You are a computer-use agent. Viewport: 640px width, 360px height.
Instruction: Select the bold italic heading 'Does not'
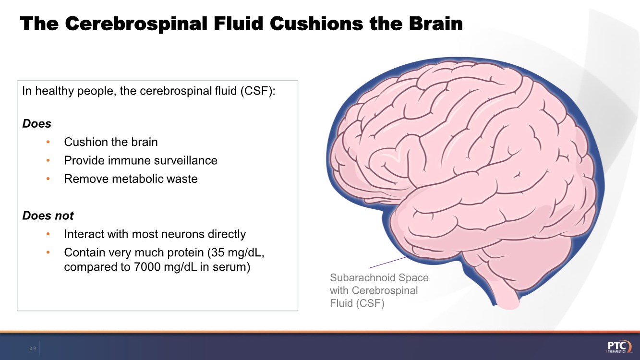[x=48, y=216]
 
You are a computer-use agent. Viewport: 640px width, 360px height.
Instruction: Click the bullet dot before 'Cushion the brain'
[x=48, y=142]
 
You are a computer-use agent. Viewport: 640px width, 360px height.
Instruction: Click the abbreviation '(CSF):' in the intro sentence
[x=259, y=91]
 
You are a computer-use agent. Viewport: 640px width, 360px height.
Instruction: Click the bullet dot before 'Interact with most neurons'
[x=48, y=234]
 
